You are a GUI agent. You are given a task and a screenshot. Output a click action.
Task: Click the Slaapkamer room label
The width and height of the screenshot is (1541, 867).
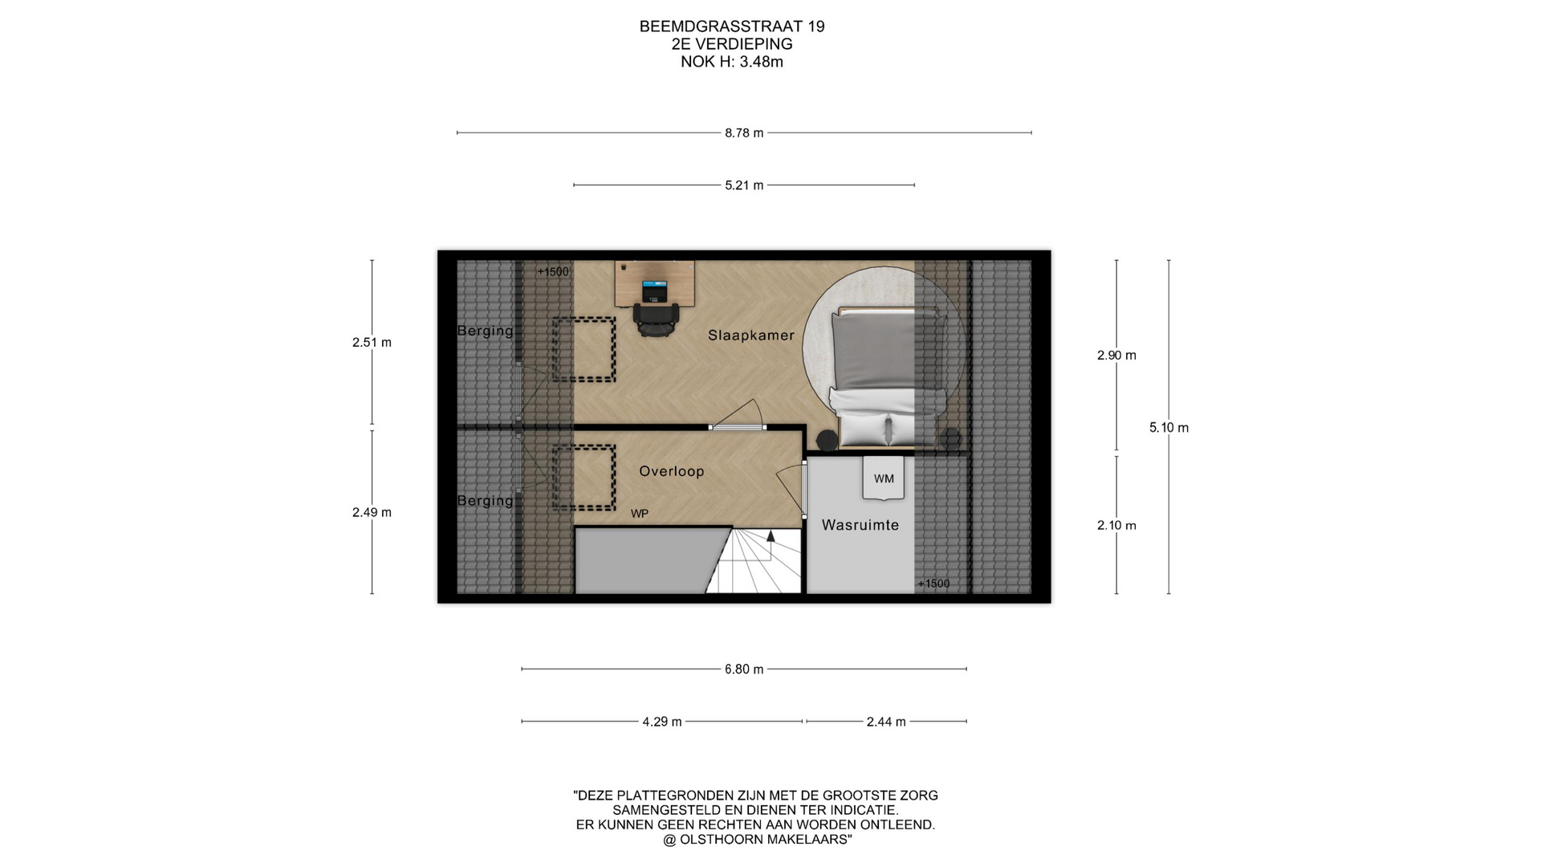click(x=750, y=336)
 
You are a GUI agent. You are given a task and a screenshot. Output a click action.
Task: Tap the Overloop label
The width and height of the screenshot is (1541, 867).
click(x=671, y=471)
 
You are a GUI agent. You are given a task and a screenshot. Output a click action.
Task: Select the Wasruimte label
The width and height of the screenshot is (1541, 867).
click(x=860, y=525)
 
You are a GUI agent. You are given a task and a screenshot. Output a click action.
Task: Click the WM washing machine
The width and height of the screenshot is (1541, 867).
click(x=884, y=478)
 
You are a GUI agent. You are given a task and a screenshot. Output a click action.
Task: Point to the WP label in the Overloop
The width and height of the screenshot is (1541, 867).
click(x=639, y=514)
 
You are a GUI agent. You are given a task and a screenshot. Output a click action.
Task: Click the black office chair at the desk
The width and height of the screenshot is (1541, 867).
click(x=656, y=320)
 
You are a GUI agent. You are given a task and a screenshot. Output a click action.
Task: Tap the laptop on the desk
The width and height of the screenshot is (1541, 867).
click(x=655, y=291)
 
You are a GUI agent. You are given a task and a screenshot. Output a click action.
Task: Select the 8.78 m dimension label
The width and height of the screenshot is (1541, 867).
click(x=744, y=133)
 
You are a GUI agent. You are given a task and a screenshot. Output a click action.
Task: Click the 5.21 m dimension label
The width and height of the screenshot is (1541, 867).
click(x=744, y=185)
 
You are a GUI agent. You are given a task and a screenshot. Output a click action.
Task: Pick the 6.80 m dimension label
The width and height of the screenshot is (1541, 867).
click(x=744, y=670)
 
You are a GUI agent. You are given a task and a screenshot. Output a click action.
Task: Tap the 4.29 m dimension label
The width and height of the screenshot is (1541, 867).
click(x=661, y=722)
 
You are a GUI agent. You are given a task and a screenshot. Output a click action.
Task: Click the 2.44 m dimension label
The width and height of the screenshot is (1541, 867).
click(x=886, y=722)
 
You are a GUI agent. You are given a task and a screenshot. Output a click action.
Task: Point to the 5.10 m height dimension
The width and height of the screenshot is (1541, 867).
click(x=1169, y=428)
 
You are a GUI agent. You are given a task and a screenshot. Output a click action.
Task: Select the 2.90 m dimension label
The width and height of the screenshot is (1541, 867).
click(x=1116, y=356)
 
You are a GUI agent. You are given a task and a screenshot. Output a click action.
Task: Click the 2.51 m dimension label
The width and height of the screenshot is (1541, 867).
click(x=372, y=343)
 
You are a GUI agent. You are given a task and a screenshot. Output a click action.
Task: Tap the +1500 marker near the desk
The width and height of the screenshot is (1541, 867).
click(x=553, y=272)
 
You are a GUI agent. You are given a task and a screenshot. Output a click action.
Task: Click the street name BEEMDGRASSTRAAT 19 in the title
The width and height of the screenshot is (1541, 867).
click(x=732, y=26)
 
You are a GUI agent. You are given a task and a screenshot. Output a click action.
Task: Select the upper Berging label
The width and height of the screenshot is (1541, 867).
click(x=485, y=331)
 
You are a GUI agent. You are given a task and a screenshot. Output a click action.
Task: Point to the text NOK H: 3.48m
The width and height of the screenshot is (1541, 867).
click(x=732, y=62)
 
